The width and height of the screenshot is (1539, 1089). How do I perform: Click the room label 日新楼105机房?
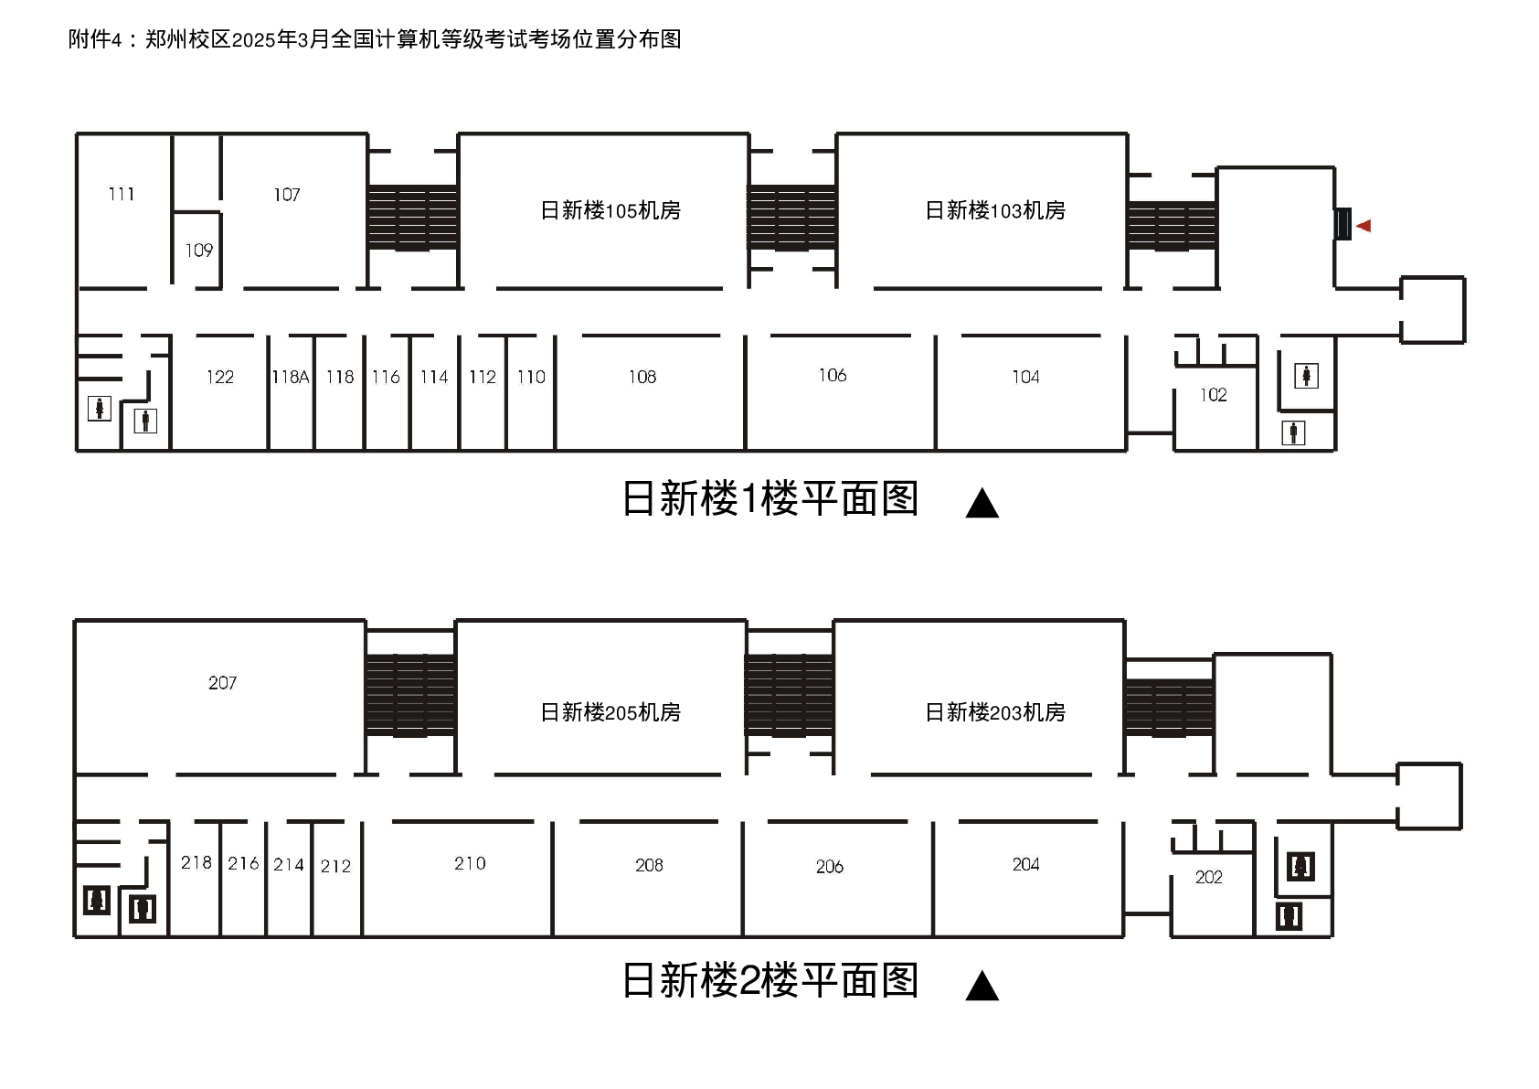pos(610,210)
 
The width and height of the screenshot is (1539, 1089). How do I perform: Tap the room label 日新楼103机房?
pos(995,210)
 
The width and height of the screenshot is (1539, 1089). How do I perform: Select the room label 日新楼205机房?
pos(610,712)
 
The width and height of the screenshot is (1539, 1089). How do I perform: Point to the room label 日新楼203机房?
pos(995,712)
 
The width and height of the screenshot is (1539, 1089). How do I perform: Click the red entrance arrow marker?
pos(1364,226)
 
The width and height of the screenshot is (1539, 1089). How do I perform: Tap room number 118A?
pos(291,377)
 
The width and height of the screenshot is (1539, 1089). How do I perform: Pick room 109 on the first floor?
pos(198,251)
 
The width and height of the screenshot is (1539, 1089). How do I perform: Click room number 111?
pos(122,194)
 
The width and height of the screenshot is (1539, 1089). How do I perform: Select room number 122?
pos(220,377)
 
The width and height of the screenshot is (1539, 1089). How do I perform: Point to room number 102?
pos(1214,395)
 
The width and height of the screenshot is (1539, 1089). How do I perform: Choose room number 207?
pos(222,683)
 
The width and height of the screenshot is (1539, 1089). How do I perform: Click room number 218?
pos(196,863)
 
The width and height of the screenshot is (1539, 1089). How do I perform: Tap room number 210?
pos(470,863)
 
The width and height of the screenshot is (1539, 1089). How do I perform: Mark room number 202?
pos(1208,878)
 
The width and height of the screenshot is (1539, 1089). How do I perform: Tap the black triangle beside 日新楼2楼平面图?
pos(982,987)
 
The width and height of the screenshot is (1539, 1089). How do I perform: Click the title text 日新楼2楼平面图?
pos(769,981)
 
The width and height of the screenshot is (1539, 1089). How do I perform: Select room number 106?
pos(833,375)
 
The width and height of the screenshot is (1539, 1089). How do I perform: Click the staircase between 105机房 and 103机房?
pos(792,218)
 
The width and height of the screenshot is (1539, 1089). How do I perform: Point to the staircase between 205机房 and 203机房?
pos(790,695)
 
